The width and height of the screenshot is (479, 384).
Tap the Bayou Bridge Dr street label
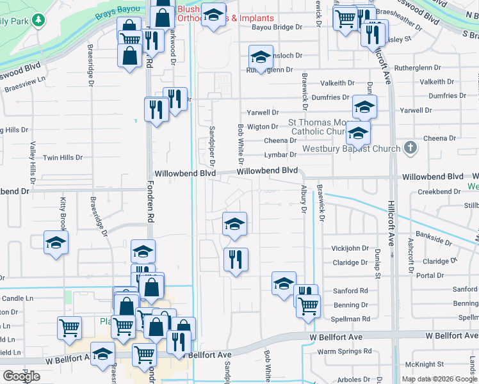click(x=277, y=28)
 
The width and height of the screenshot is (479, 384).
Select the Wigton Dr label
click(x=263, y=127)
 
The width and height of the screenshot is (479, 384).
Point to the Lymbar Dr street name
click(x=280, y=155)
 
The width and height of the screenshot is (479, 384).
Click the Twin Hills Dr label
click(x=63, y=157)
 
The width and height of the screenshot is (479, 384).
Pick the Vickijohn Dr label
click(x=350, y=248)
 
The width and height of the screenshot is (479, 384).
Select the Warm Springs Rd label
click(x=345, y=351)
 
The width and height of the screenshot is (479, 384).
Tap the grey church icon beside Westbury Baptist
click(x=410, y=148)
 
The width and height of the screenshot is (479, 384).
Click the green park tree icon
click(x=39, y=20)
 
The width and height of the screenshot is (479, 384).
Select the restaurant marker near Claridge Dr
click(x=236, y=259)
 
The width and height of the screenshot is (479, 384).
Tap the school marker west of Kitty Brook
click(x=56, y=243)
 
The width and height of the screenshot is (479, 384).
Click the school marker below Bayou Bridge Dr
click(x=261, y=57)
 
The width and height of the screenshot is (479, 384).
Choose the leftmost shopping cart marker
click(x=69, y=328)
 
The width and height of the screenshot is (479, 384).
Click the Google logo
click(x=21, y=376)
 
